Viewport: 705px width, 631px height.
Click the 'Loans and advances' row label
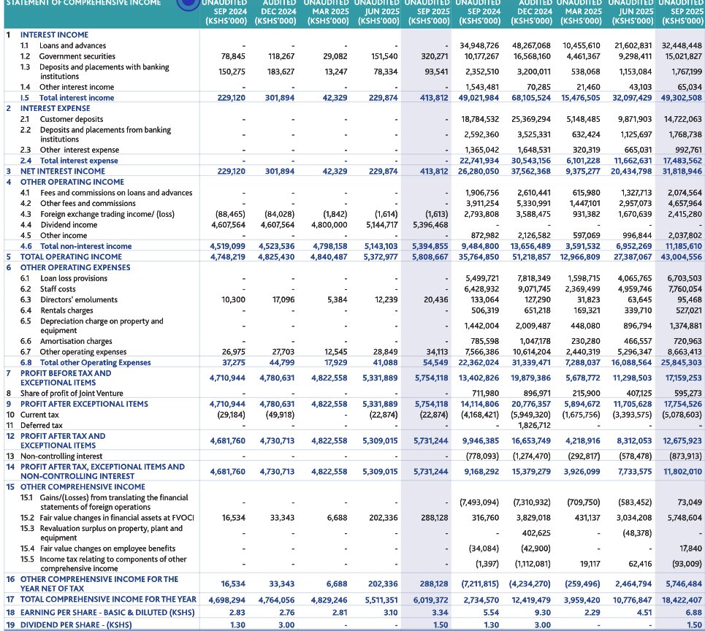[72, 45]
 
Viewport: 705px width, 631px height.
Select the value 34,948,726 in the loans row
[479, 45]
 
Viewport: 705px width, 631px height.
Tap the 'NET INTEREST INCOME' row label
[62, 171]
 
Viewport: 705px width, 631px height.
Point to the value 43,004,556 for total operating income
[677, 257]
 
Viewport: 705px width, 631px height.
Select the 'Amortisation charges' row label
[76, 341]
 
